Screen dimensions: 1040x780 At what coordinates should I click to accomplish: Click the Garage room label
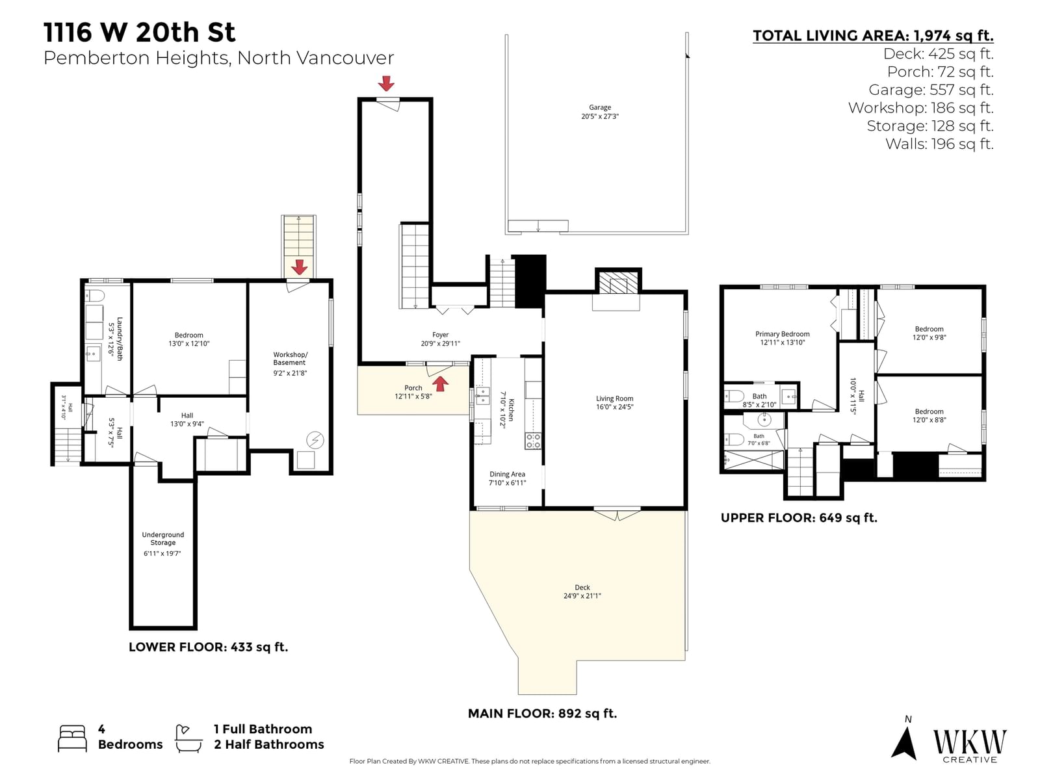pyautogui.click(x=599, y=107)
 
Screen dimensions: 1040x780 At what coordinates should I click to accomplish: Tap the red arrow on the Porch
pyautogui.click(x=440, y=383)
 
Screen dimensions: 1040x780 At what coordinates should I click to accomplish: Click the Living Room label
pyautogui.click(x=614, y=398)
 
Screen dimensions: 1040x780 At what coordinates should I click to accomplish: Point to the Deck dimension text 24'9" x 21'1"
pyautogui.click(x=582, y=596)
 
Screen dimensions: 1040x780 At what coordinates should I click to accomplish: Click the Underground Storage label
pyautogui.click(x=162, y=538)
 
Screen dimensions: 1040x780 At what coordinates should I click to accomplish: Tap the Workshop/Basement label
pyautogui.click(x=290, y=359)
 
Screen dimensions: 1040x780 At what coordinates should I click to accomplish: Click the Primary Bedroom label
pyautogui.click(x=782, y=334)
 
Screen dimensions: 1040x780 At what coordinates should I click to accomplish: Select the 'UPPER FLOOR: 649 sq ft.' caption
pyautogui.click(x=799, y=518)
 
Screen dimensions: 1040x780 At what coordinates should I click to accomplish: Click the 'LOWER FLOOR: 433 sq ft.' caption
pyautogui.click(x=209, y=647)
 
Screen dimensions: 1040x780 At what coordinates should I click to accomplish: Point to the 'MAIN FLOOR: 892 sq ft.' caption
pyautogui.click(x=542, y=713)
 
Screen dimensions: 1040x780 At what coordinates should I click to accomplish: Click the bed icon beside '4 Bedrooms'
pyautogui.click(x=72, y=738)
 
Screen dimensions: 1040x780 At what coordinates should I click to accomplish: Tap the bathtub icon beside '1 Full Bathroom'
pyautogui.click(x=188, y=738)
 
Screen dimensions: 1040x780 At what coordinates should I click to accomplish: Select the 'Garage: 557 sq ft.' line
pyautogui.click(x=931, y=90)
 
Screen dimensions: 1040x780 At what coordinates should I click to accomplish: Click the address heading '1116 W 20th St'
pyautogui.click(x=139, y=32)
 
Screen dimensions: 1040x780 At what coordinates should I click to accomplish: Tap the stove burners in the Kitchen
pyautogui.click(x=532, y=441)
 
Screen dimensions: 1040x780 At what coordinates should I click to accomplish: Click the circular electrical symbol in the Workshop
pyautogui.click(x=315, y=440)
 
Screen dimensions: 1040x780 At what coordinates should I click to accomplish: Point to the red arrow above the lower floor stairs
pyautogui.click(x=299, y=267)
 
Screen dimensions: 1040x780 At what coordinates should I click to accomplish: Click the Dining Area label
pyautogui.click(x=507, y=474)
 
